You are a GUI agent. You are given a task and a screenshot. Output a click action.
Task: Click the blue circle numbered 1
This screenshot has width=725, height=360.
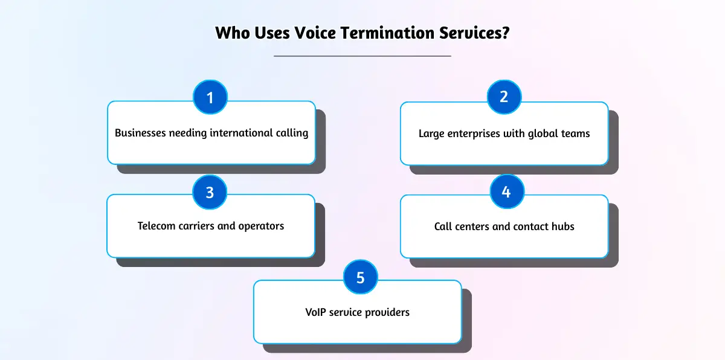click(x=210, y=97)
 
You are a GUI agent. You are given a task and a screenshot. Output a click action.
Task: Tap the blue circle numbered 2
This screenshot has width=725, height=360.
click(x=504, y=97)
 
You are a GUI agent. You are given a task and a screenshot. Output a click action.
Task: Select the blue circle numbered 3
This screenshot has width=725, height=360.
click(x=210, y=192)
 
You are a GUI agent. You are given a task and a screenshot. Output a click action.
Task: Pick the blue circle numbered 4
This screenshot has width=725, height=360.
click(x=506, y=192)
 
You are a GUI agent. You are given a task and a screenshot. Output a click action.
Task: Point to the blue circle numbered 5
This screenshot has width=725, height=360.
click(x=361, y=278)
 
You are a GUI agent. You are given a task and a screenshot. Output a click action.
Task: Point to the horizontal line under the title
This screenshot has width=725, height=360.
click(x=362, y=56)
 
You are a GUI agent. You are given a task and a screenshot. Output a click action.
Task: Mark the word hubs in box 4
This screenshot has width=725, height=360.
click(x=562, y=227)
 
